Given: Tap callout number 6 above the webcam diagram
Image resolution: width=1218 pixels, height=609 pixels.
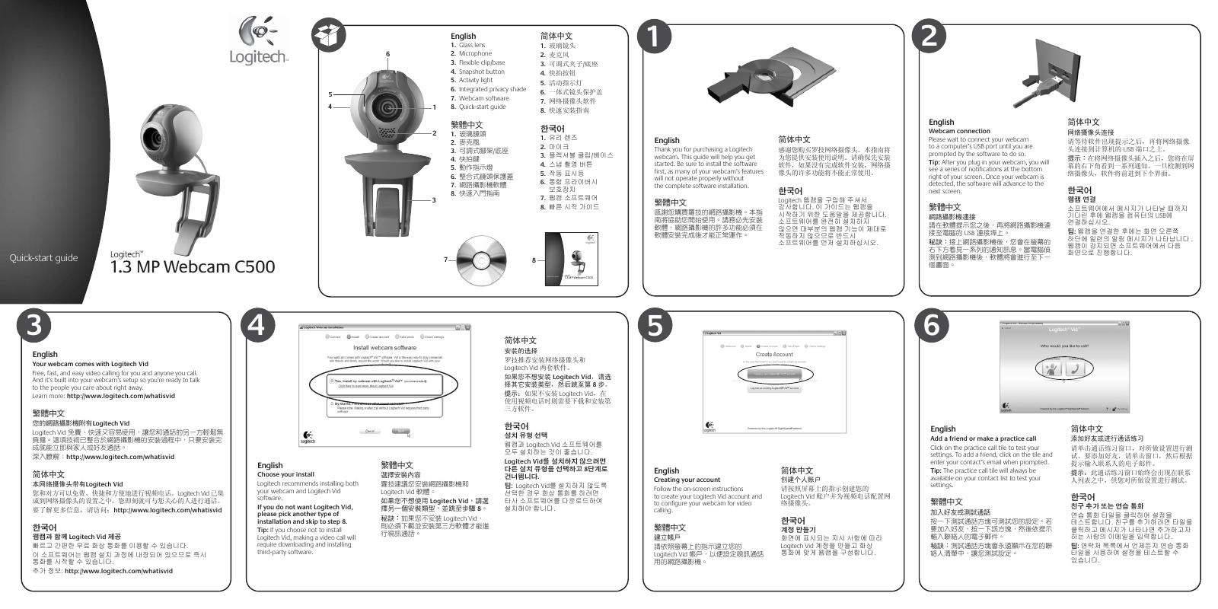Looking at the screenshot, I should tap(387, 54).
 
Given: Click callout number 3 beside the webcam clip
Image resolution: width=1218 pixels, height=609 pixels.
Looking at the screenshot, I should tap(433, 199).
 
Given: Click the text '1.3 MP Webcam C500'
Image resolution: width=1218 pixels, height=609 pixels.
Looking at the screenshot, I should tap(193, 267).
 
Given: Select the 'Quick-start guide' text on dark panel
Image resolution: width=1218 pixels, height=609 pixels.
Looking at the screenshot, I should tap(43, 258).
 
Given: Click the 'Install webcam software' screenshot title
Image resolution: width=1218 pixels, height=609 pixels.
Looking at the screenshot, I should tap(384, 347).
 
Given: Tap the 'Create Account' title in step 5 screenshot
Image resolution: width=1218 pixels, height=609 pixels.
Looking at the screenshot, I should tap(773, 354).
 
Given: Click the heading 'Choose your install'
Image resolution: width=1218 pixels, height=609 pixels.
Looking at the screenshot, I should tap(285, 474).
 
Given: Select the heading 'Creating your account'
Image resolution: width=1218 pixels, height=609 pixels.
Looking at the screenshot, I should tap(687, 480).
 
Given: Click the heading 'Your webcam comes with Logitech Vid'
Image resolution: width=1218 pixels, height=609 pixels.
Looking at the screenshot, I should tap(90, 364).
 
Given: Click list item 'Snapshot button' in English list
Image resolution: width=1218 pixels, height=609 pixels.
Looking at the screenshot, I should tap(481, 72).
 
